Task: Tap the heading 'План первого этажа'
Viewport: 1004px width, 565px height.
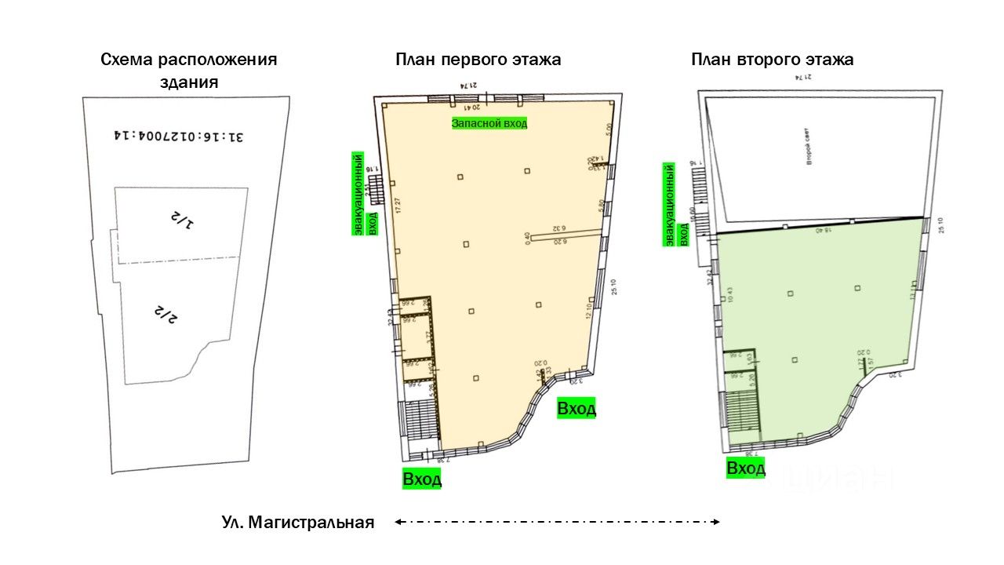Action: pos(478,60)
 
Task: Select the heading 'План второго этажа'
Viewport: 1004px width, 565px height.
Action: pos(772,60)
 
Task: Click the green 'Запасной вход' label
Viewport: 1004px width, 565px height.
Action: pos(489,123)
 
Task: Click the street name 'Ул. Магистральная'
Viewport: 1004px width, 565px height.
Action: pos(298,523)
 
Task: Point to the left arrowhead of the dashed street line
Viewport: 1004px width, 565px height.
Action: pos(398,521)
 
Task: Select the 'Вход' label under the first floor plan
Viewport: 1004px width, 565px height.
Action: pos(422,479)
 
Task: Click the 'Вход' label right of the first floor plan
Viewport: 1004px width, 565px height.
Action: pos(577,408)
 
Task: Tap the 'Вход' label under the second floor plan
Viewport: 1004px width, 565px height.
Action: pos(746,468)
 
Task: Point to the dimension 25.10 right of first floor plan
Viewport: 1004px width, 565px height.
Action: pos(615,287)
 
